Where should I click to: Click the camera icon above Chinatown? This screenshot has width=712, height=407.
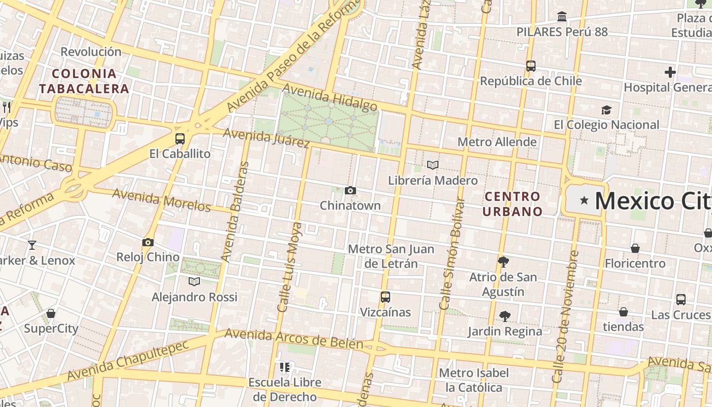[350, 191]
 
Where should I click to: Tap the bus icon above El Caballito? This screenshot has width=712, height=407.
[180, 138]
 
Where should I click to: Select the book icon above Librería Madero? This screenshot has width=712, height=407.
[433, 165]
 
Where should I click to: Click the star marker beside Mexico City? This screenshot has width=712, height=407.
[584, 200]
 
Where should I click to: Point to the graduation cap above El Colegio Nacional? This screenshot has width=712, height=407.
[606, 110]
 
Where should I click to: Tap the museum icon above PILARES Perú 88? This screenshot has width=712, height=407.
[562, 17]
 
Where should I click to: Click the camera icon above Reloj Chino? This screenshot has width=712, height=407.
[148, 242]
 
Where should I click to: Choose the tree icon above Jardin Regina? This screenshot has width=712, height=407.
[505, 316]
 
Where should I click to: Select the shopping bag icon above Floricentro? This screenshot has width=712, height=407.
[635, 248]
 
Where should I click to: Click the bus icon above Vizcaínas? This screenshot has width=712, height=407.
[385, 297]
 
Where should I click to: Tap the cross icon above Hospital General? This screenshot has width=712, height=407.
[670, 72]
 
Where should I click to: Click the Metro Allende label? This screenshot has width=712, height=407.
[497, 142]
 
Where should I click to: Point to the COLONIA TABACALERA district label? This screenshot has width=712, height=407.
[84, 81]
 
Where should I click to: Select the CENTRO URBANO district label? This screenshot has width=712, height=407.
[512, 203]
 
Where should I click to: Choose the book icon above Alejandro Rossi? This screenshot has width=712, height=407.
[194, 281]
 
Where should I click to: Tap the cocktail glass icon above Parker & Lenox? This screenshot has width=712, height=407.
[32, 245]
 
